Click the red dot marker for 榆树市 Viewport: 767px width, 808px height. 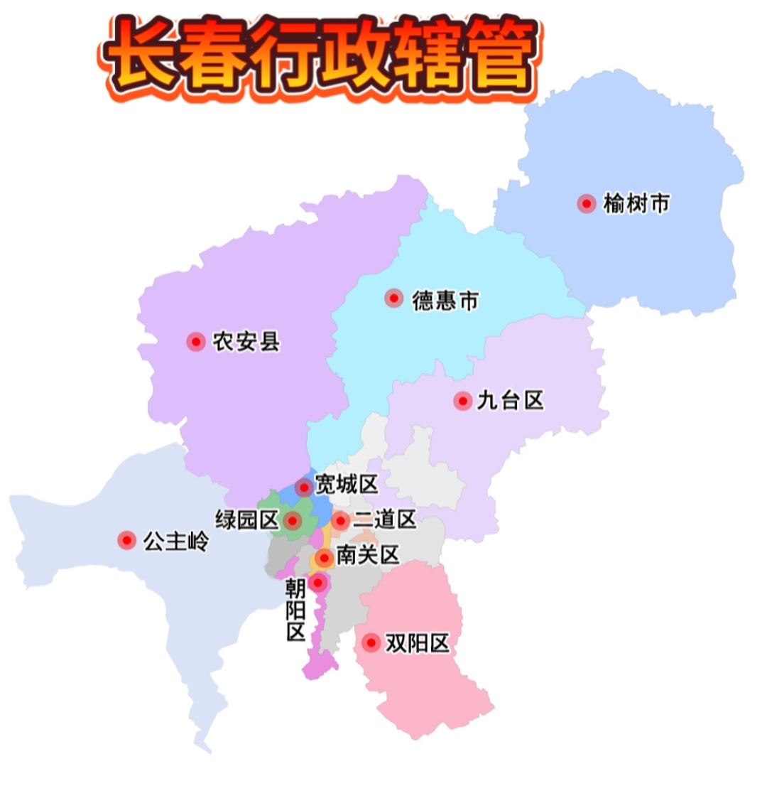(587, 204)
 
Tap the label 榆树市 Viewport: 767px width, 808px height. (636, 204)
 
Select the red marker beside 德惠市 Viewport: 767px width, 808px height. (393, 298)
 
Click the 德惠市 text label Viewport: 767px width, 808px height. (445, 301)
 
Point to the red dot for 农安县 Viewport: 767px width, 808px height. (196, 342)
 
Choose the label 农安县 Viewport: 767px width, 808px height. (246, 343)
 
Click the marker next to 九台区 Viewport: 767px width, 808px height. (463, 401)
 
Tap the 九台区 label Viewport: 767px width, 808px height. (511, 401)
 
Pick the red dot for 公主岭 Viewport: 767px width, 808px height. (127, 541)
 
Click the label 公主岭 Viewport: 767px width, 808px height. (177, 542)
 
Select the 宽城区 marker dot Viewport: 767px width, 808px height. (304, 488)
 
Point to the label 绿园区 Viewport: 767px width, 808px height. (246, 520)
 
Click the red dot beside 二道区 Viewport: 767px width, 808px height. (340, 521)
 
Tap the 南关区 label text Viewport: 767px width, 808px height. (368, 555)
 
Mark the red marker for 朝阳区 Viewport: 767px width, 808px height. (318, 583)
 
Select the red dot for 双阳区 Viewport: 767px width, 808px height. (371, 643)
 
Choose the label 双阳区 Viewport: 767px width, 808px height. (418, 644)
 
